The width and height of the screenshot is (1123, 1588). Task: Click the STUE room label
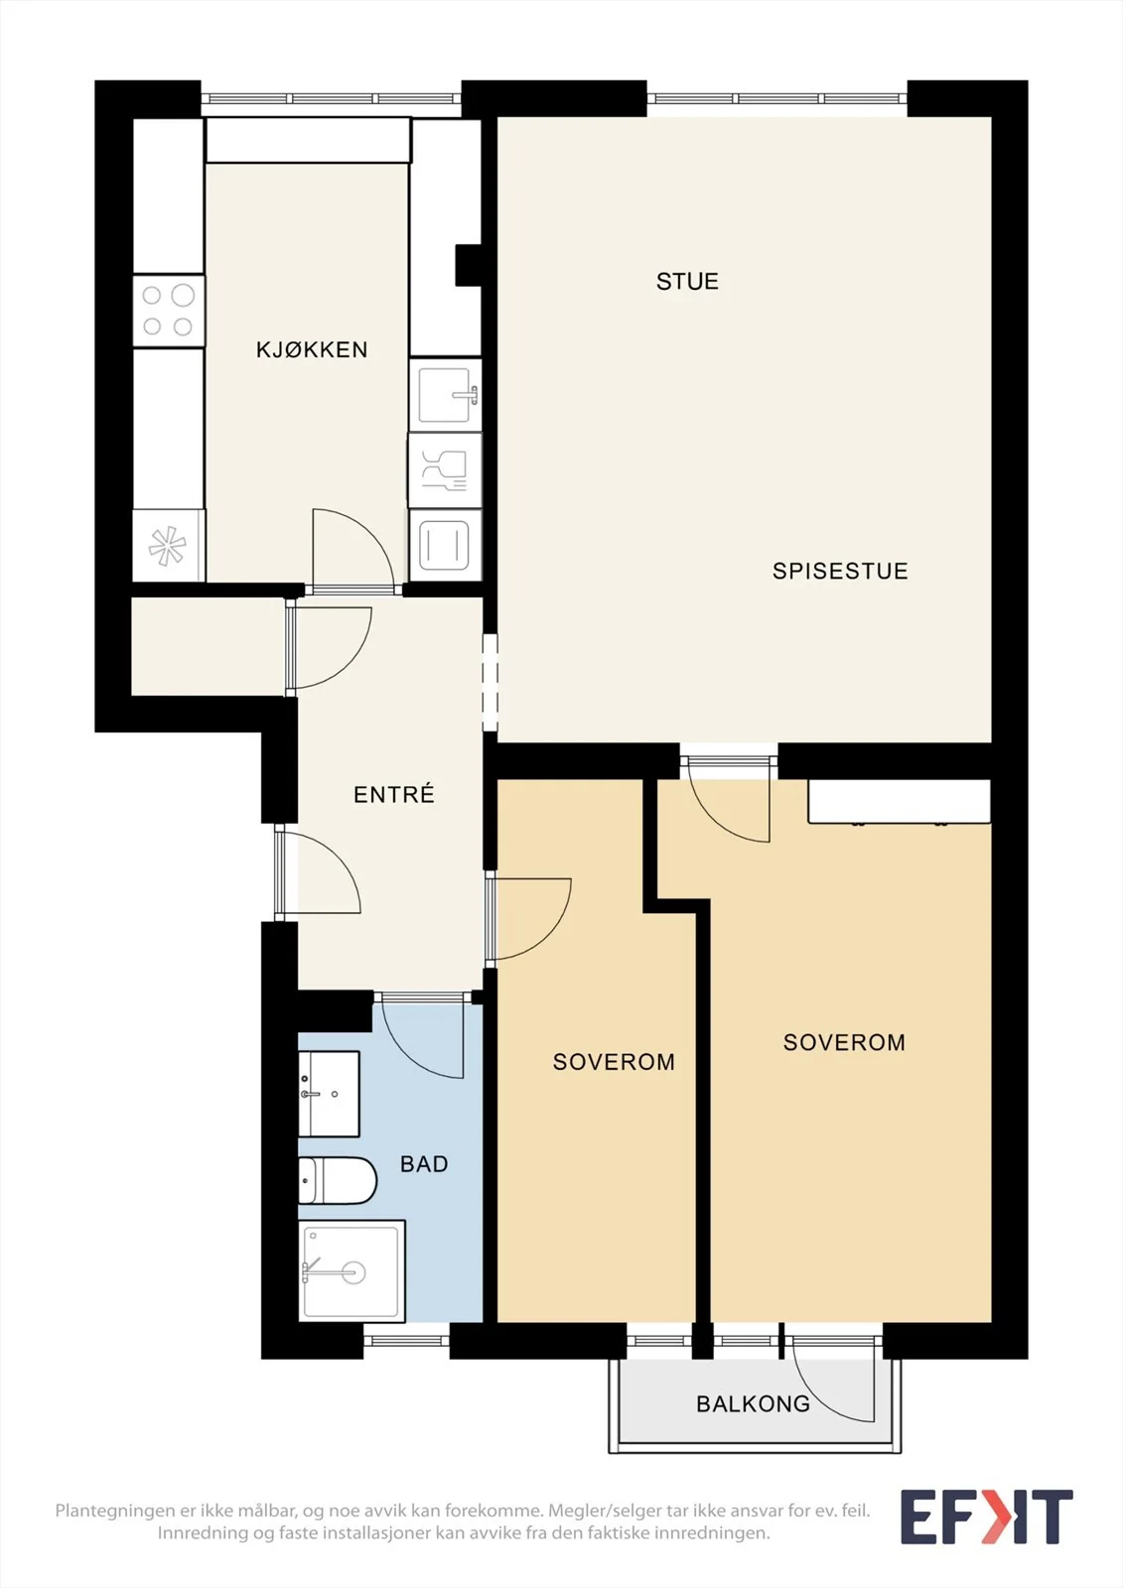[x=687, y=282]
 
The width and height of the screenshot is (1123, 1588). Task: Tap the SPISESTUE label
[x=840, y=571]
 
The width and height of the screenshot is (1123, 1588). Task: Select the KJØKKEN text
[x=312, y=349]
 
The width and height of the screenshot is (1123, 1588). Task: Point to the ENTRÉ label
[x=394, y=794]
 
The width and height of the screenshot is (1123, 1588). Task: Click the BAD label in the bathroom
[x=424, y=1164]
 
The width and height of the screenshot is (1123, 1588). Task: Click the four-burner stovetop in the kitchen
[x=168, y=311]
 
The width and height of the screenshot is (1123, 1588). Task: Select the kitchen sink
[x=445, y=394]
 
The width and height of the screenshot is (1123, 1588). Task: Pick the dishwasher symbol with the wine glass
[x=444, y=469]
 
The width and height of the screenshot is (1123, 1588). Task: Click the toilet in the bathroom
[x=337, y=1181]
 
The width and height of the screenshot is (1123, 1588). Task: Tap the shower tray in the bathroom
[x=351, y=1270]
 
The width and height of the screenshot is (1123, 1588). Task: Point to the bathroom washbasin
[x=329, y=1094]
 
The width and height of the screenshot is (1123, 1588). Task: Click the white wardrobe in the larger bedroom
[x=899, y=801]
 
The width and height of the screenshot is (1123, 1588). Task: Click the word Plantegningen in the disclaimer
[x=115, y=1511]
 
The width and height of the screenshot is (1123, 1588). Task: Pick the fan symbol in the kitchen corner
[x=168, y=547]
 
